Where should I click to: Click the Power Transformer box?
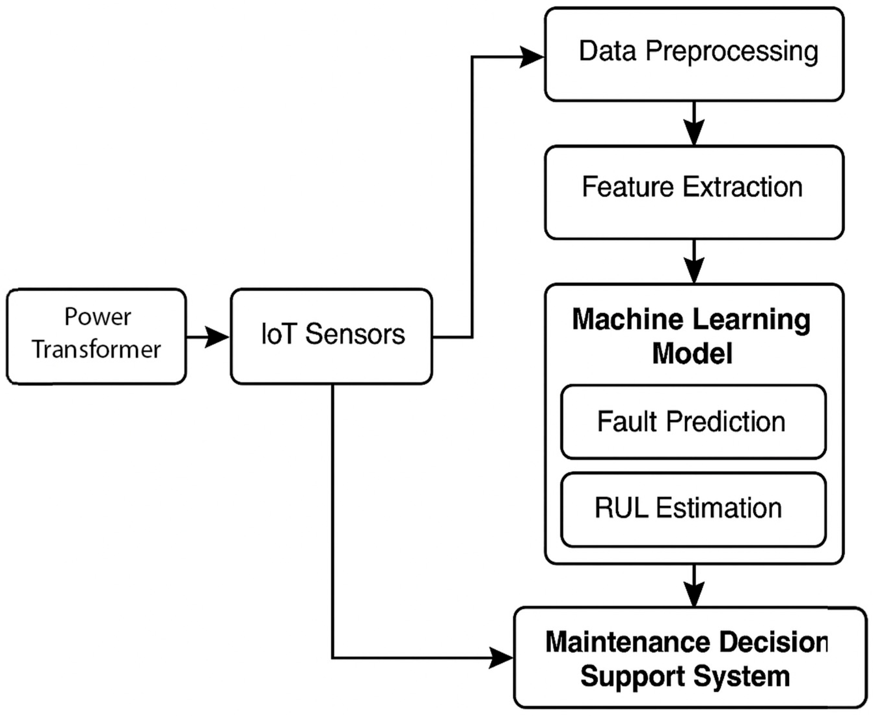[x=96, y=336]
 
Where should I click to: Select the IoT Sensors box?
[x=331, y=336]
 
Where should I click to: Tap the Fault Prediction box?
[x=693, y=421]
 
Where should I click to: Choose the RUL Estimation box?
[x=693, y=509]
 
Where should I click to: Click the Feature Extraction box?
[x=694, y=192]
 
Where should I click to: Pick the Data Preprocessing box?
[x=694, y=54]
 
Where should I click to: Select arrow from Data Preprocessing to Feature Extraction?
[x=694, y=124]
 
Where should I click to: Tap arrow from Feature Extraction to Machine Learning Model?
[x=694, y=262]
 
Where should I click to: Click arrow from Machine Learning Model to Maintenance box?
[x=694, y=586]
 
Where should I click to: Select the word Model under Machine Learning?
[x=692, y=353]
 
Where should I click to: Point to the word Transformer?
[x=96, y=350]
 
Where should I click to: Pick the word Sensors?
[x=355, y=334]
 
